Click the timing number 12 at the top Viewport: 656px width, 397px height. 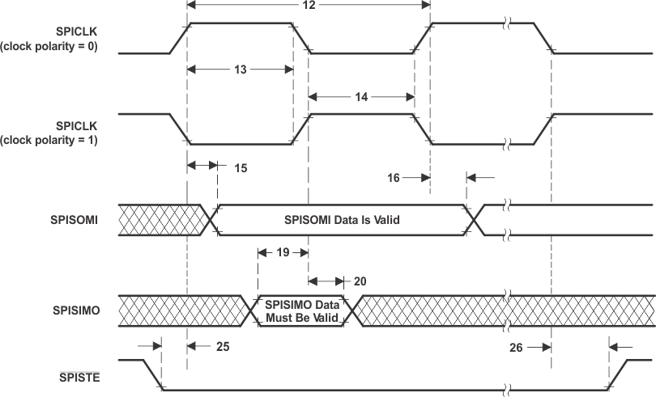[x=308, y=6]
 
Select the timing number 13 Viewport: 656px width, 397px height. [x=240, y=70]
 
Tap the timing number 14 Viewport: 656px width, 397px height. [x=361, y=96]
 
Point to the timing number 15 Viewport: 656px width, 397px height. [x=241, y=169]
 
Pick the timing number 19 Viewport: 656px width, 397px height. [x=282, y=252]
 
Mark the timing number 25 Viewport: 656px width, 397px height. [x=223, y=346]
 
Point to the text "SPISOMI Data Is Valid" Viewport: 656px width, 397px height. [x=343, y=220]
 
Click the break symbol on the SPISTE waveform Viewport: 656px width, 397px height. [x=507, y=391]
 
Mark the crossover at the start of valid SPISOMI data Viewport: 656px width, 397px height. [x=213, y=219]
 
